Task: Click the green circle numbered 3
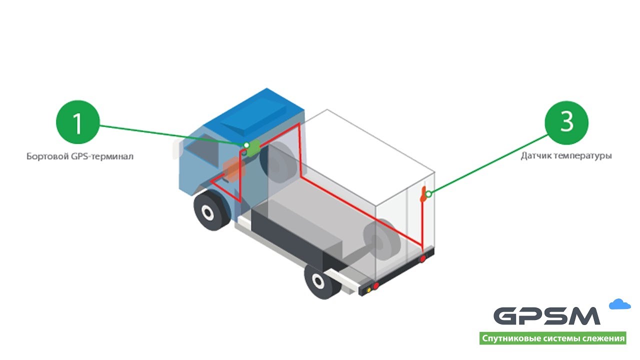coord(566,123)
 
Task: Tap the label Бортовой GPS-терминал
coord(80,156)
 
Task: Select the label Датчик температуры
coord(566,156)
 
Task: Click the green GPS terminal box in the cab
coord(254,146)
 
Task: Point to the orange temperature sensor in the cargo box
coord(423,194)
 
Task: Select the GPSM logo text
coord(547,316)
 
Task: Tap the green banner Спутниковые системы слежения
coord(552,338)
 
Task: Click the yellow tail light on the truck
coord(369,288)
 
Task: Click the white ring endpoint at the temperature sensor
coord(428,193)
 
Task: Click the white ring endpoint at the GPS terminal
coord(246,145)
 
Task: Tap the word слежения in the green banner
coord(603,338)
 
